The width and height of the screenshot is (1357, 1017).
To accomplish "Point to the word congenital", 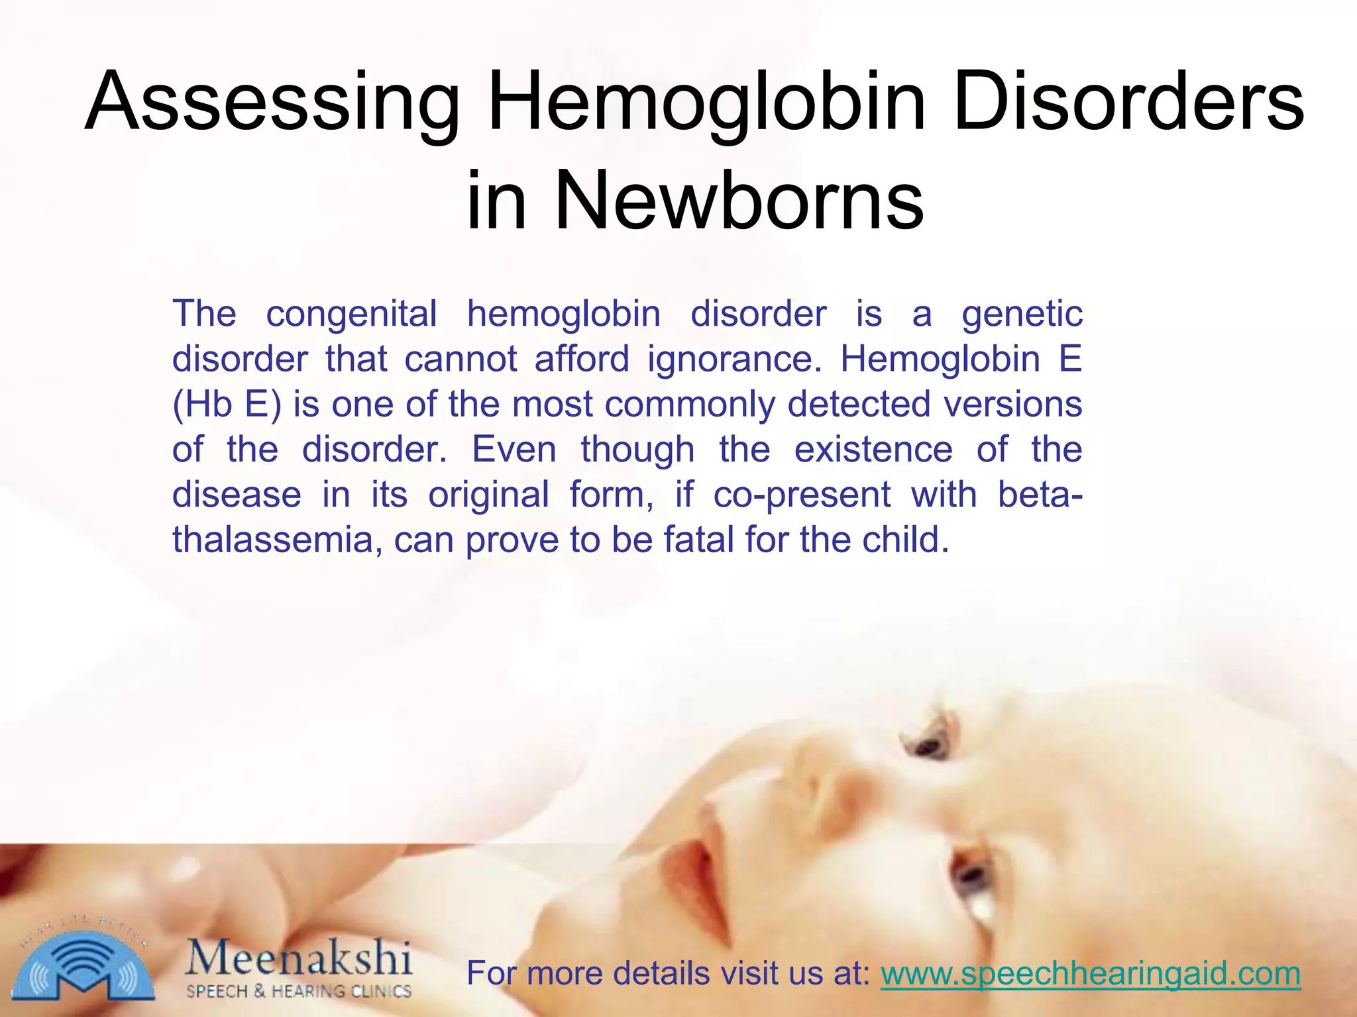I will pyautogui.click(x=351, y=313).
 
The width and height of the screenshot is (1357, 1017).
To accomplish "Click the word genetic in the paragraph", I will pyautogui.click(x=1022, y=315).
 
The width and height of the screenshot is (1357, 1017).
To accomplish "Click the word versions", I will pyautogui.click(x=1013, y=404).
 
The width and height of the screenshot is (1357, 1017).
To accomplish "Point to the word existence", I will pyautogui.click(x=873, y=450).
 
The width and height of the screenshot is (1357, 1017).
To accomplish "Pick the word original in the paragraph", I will pyautogui.click(x=488, y=495).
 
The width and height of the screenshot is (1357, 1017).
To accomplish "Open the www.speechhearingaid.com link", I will pyautogui.click(x=1090, y=973).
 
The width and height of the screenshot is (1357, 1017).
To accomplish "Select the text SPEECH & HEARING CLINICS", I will pyautogui.click(x=299, y=991).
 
